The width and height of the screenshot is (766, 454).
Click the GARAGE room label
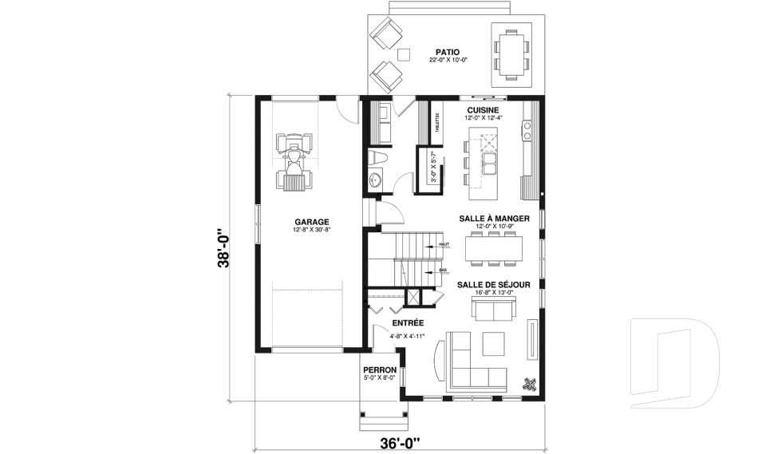tap(311, 222)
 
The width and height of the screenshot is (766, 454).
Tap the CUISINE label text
tap(483, 110)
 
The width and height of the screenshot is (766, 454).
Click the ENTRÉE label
tap(407, 323)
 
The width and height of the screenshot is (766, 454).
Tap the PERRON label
tap(380, 370)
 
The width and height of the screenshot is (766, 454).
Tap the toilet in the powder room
tap(378, 157)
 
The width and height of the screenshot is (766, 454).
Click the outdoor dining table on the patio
tap(511, 53)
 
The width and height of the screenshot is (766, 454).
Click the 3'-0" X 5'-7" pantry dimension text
tap(434, 168)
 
